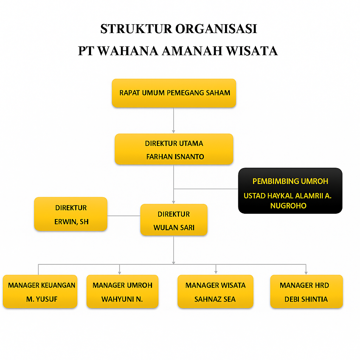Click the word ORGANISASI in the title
[216, 29]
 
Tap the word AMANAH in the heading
[192, 51]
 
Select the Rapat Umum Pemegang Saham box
[174, 93]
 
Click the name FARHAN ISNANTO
[175, 157]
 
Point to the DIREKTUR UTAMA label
[174, 143]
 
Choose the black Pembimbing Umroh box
[290, 191]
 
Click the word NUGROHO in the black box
[288, 206]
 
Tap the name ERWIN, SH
[71, 222]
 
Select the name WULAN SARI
[174, 228]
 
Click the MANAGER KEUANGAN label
[41, 285]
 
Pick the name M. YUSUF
[41, 299]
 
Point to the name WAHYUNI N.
[122, 299]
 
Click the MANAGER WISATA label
[216, 285]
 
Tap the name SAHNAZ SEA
[215, 299]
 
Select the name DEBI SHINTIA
[306, 299]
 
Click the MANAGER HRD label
[304, 285]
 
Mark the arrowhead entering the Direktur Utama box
[174, 132]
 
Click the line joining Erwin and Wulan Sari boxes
[124, 216]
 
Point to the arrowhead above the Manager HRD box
[306, 273]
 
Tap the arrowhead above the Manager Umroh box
[120, 273]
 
